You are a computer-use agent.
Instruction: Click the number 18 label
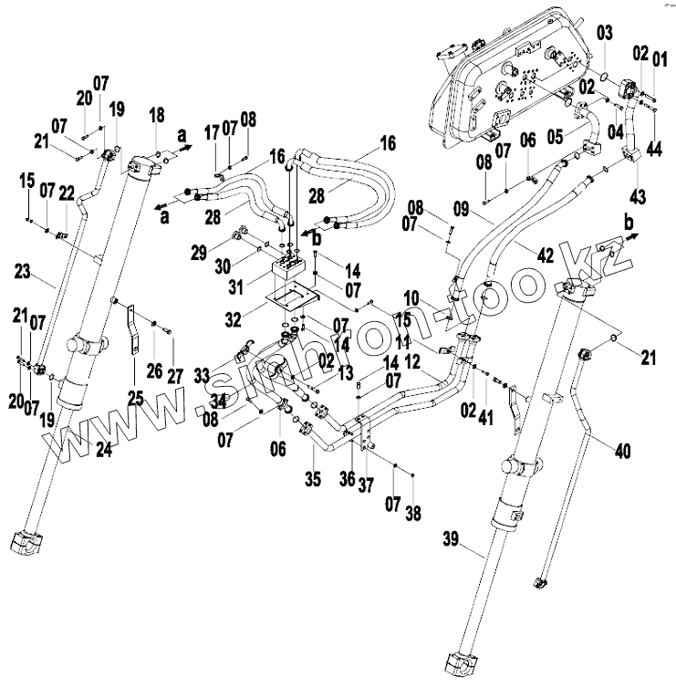[x=157, y=115]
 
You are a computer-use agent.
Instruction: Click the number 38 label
[x=412, y=514]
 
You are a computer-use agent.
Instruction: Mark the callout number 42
[x=545, y=256]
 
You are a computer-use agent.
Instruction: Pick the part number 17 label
[x=212, y=131]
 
